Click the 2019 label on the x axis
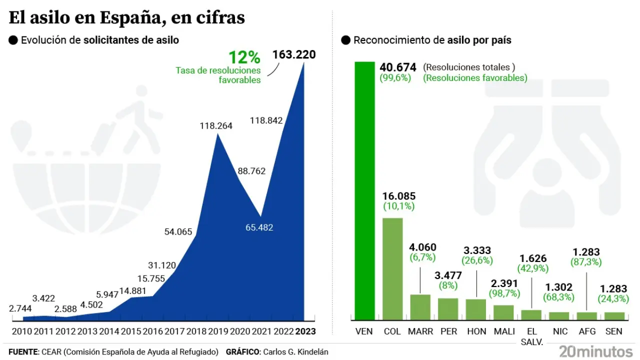pyautogui.click(x=218, y=331)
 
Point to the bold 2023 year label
pyautogui.click(x=305, y=331)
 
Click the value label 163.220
pyautogui.click(x=294, y=54)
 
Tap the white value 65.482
pyautogui.click(x=259, y=227)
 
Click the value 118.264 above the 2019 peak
pyautogui.click(x=215, y=126)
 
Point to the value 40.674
pyautogui.click(x=398, y=67)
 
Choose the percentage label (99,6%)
pyautogui.click(x=395, y=78)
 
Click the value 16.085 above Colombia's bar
pyautogui.click(x=398, y=196)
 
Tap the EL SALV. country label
pyautogui.click(x=532, y=336)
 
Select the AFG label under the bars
pyautogui.click(x=586, y=331)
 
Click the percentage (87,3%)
pyautogui.click(x=585, y=262)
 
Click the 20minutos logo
pyautogui.click(x=595, y=351)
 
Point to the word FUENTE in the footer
pyautogui.click(x=23, y=352)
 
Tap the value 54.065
pyautogui.click(x=178, y=231)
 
